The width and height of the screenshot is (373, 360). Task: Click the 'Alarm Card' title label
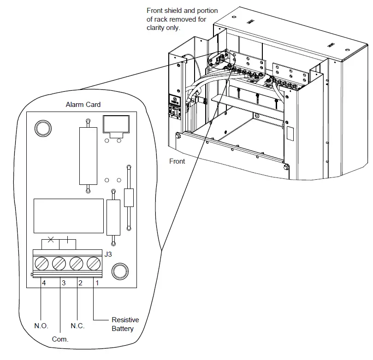[83, 105]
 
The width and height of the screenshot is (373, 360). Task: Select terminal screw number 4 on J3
[42, 264]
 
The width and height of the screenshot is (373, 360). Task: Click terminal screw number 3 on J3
[59, 264]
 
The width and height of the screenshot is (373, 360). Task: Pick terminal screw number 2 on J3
[76, 264]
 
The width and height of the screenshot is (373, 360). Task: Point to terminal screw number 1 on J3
[93, 264]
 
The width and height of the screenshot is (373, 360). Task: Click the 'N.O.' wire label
[41, 326]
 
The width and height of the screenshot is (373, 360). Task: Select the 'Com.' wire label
[60, 339]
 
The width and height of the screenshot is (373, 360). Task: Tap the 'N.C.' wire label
[77, 326]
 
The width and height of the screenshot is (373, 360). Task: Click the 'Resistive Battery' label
[125, 324]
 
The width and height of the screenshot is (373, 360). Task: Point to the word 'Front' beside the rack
[177, 161]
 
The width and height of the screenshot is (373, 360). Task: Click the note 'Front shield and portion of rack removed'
[182, 19]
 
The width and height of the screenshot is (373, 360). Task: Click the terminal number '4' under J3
[44, 283]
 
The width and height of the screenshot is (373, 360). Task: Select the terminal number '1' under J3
[96, 283]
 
